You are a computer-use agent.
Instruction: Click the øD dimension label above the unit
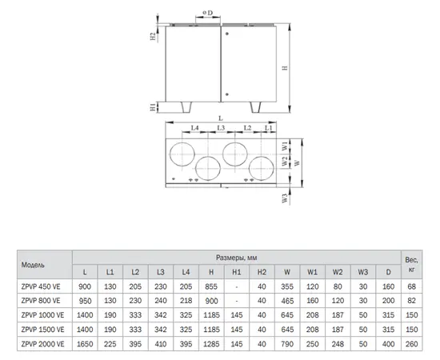[208, 13]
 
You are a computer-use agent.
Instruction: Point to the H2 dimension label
[153, 36]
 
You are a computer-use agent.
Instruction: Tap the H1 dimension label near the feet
[153, 107]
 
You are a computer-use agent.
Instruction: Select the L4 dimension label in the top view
[194, 128]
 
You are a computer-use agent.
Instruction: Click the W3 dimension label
[285, 198]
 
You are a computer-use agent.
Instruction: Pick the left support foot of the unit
[186, 107]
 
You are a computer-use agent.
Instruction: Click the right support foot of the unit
[255, 107]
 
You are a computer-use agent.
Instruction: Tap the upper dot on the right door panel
[227, 34]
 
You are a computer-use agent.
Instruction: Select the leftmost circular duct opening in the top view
[182, 154]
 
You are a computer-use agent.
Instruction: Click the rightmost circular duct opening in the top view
[262, 168]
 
